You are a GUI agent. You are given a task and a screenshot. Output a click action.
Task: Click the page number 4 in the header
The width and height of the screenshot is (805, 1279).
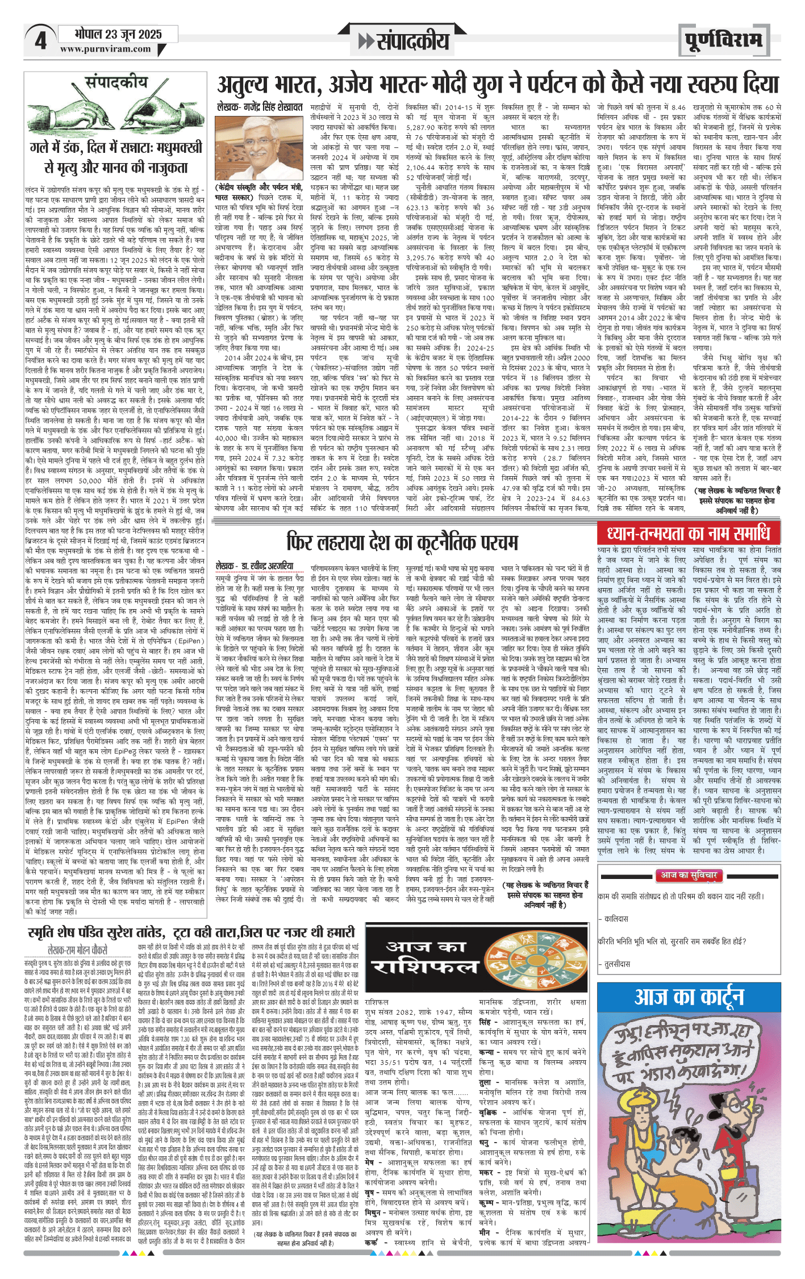coord(40,41)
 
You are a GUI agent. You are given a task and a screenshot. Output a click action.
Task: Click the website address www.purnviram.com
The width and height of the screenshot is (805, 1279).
coord(106,49)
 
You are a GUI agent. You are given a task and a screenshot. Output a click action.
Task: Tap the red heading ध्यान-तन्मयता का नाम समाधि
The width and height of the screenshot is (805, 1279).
coord(689,534)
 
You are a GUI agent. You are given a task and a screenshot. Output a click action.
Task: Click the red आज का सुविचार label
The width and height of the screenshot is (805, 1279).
coord(689,876)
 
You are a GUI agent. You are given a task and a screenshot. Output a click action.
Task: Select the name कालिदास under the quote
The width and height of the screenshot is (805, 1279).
coord(616,918)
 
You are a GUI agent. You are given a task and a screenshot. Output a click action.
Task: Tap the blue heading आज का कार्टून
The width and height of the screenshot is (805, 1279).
coord(689,997)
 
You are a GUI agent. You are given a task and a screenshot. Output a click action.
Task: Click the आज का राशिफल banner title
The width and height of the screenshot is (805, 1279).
coord(427,959)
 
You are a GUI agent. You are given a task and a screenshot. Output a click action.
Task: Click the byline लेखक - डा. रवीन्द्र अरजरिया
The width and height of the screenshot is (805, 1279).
coord(255,566)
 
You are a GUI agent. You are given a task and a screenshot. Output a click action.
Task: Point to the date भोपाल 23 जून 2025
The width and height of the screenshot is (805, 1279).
coord(118,34)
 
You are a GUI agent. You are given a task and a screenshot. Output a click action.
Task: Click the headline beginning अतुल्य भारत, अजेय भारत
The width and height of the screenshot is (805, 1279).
coord(498,85)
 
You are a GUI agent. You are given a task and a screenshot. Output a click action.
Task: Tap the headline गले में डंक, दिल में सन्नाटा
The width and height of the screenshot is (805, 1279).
coord(116,157)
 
